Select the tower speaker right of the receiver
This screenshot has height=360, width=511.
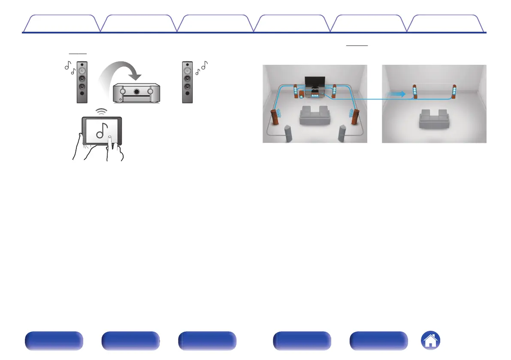(x=187, y=82)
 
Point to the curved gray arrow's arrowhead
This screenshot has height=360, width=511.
(x=135, y=76)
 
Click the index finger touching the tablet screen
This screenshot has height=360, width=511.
(x=111, y=140)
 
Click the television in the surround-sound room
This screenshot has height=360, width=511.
(x=314, y=82)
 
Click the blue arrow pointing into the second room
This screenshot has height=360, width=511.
(x=396, y=94)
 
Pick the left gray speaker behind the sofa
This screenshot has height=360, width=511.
(x=289, y=133)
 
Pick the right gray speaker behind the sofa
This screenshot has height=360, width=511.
(x=342, y=133)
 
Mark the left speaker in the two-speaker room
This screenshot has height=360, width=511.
(x=415, y=92)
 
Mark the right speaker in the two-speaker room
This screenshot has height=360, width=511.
(x=454, y=92)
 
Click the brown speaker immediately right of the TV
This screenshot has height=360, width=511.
(x=334, y=91)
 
